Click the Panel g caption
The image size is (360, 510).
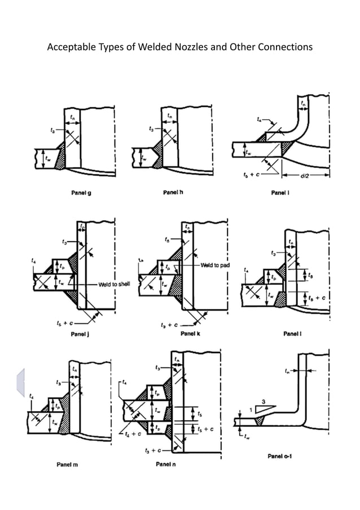click(x=81, y=193)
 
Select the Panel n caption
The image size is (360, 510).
click(x=165, y=464)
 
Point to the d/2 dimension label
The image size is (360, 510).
click(x=305, y=176)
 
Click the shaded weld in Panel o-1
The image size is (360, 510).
click(x=260, y=421)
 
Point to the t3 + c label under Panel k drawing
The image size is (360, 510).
click(x=169, y=325)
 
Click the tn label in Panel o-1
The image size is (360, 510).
click(x=288, y=371)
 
